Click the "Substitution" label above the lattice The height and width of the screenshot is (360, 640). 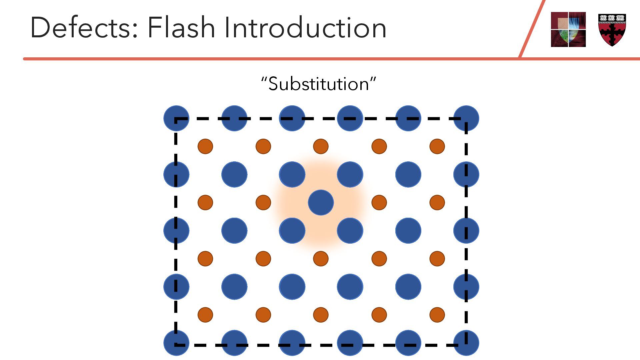click(319, 84)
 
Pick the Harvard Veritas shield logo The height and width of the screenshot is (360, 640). click(612, 30)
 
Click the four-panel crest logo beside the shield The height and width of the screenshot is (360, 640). click(568, 29)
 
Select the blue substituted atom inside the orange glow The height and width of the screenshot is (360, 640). click(321, 202)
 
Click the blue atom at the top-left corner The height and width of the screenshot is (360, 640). click(176, 118)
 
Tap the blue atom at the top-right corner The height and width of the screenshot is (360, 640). click(466, 118)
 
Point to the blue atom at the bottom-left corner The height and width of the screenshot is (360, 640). click(176, 343)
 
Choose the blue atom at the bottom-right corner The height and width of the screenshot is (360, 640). click(466, 343)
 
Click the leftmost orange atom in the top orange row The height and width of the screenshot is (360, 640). click(205, 146)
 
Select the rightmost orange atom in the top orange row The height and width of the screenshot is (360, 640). click(437, 146)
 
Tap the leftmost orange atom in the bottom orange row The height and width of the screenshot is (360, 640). click(205, 314)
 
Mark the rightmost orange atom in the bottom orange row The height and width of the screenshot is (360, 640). click(437, 314)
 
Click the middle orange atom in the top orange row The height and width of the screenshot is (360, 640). click(321, 146)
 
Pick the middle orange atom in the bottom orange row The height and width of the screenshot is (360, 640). click(321, 314)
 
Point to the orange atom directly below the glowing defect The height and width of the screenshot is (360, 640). click(321, 258)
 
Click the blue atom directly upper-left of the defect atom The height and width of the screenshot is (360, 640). click(292, 174)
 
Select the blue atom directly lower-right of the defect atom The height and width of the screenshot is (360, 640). click(350, 230)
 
